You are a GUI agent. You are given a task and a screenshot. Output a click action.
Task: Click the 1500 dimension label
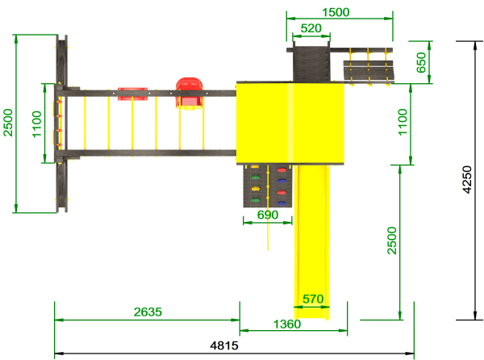coord(336,12)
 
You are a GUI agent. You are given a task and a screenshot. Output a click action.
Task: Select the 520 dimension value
coord(311,28)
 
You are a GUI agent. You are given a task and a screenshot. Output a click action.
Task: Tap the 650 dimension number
coord(421,62)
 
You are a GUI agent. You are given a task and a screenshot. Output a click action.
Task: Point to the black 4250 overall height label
coord(467,180)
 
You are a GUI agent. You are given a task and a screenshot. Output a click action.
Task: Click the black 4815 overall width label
coord(224,345)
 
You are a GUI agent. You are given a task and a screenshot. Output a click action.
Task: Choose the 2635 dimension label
coord(148,312)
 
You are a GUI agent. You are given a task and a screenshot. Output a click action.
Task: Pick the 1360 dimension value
coord(287,324)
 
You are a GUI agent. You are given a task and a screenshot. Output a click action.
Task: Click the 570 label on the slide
coord(313,299)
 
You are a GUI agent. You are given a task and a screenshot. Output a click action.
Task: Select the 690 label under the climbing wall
coord(268,215)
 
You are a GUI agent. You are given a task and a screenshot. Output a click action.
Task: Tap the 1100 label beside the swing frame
coord(37,124)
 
